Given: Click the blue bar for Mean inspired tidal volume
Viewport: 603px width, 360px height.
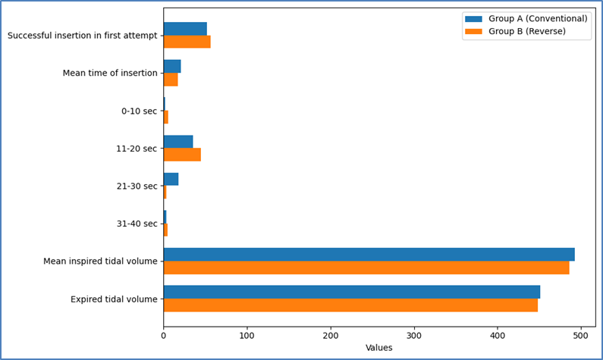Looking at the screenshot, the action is [369, 255].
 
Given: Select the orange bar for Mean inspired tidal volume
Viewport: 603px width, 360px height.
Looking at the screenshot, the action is [366, 268].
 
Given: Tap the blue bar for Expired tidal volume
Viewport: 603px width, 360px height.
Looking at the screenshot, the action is [352, 292].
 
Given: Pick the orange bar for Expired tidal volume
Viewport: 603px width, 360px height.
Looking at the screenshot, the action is [350, 305].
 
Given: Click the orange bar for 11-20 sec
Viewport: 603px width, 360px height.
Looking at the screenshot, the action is [182, 155].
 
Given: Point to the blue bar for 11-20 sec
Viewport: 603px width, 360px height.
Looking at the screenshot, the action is [178, 142].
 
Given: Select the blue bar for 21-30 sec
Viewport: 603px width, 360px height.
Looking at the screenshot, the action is [171, 180].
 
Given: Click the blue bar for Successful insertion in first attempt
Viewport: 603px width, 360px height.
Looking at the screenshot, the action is [185, 29].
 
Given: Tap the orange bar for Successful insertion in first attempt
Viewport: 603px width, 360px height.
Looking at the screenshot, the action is [187, 42].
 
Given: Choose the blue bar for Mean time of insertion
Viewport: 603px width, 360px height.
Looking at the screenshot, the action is [172, 67].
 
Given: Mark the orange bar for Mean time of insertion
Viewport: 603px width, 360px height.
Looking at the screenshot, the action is [171, 80].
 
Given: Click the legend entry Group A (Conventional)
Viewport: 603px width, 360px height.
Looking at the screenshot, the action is [526, 19].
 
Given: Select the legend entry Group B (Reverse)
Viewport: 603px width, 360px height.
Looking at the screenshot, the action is [515, 31].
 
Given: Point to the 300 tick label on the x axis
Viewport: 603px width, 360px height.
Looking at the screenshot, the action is [414, 336].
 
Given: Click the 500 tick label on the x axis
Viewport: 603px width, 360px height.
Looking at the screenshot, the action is [581, 336].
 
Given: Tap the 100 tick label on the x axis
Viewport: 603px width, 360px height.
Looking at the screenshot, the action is [247, 336].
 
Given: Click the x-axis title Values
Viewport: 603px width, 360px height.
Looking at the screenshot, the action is [378, 348].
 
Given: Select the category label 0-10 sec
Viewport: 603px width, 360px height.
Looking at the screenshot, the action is [140, 111].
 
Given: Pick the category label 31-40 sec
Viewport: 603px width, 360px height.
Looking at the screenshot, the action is [137, 224].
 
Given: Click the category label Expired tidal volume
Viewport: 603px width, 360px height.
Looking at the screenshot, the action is [114, 299].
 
